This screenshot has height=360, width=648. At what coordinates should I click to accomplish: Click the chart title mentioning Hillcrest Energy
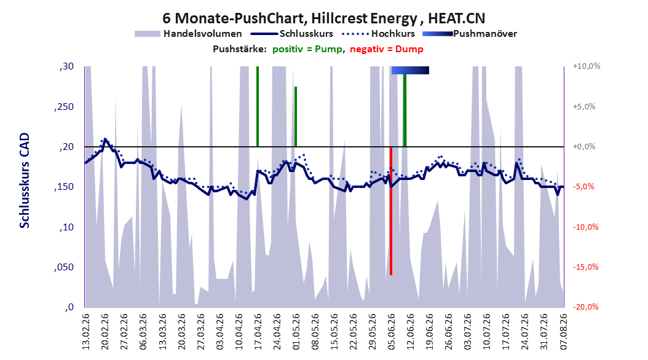[323, 18]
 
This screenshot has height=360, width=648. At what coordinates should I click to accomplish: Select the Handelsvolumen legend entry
[189, 34]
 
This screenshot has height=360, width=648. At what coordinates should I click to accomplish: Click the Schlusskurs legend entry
[292, 34]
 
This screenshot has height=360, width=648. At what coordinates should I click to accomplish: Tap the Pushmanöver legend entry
[470, 34]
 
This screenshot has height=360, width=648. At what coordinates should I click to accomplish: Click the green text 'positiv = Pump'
[307, 49]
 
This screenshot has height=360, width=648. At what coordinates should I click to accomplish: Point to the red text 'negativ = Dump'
[387, 49]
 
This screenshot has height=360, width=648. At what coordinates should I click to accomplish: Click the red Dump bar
[391, 211]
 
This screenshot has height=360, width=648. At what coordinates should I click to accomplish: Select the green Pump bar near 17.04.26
[258, 106]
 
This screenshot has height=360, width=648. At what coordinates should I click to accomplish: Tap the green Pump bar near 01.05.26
[296, 117]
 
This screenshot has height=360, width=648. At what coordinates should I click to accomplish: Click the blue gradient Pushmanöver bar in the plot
[410, 70]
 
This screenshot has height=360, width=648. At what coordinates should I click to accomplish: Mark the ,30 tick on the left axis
[66, 66]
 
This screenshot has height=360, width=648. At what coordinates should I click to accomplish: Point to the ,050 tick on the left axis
[64, 267]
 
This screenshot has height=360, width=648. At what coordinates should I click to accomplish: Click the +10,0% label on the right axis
[587, 66]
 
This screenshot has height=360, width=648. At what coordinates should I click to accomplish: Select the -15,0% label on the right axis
[585, 267]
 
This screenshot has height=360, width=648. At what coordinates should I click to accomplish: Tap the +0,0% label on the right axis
[584, 147]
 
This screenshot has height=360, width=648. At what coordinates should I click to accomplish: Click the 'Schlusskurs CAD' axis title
[25, 181]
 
